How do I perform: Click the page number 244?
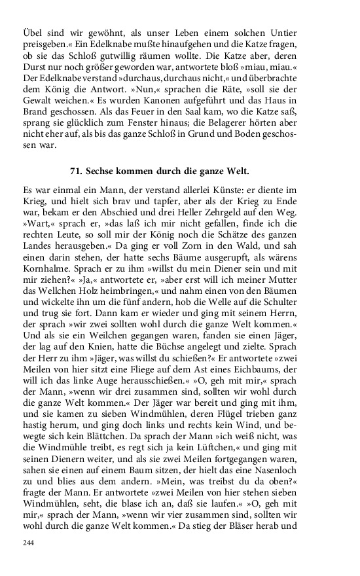[27, 543]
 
